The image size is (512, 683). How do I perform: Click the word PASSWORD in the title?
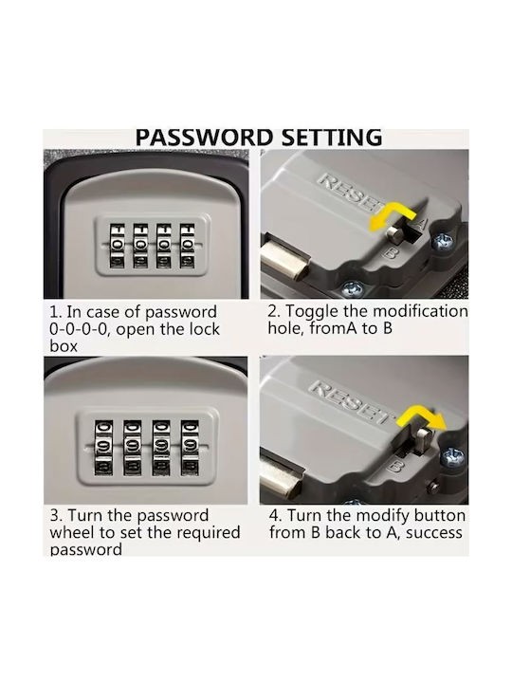tap(204, 138)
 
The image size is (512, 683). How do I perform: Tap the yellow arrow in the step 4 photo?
tap(421, 416)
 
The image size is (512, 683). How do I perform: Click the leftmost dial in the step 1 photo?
tap(117, 246)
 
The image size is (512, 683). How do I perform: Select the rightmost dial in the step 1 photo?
tap(188, 246)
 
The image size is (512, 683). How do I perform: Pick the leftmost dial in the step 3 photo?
tap(104, 448)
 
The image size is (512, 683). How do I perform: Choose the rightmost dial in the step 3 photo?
tap(190, 448)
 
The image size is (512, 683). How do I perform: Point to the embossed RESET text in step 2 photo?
tap(353, 191)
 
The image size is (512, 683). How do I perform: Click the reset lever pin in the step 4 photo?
tap(423, 439)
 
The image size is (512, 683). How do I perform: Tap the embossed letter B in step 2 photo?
tap(391, 252)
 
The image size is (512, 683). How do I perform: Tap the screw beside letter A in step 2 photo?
tap(443, 241)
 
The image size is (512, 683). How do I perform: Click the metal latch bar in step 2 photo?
tap(285, 262)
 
